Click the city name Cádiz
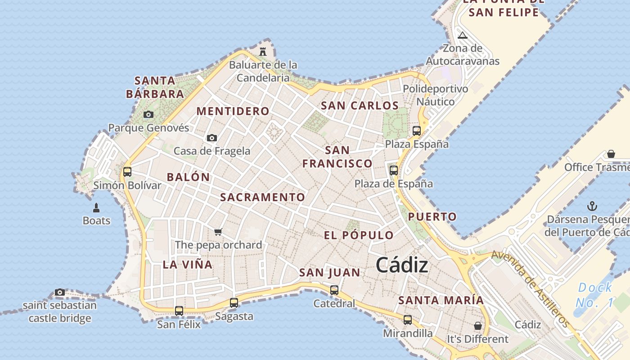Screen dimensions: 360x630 click(402, 265)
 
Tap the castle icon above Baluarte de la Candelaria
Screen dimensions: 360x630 click(263, 51)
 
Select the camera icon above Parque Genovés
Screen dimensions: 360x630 click(148, 115)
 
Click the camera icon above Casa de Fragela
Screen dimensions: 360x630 click(212, 138)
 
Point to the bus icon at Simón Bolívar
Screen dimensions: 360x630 click(127, 171)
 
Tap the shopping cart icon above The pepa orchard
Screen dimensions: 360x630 click(218, 232)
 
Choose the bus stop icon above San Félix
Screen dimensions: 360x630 click(179, 310)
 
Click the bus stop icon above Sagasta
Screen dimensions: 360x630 click(234, 303)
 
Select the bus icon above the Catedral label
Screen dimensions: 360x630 click(334, 290)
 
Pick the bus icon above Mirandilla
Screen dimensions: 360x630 click(407, 320)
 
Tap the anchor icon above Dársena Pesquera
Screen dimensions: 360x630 click(592, 207)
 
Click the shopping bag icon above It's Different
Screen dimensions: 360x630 click(477, 325)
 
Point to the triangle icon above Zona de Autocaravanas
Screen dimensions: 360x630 click(462, 36)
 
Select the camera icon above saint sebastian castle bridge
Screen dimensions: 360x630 click(59, 292)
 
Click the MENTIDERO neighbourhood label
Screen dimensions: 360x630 click(233, 111)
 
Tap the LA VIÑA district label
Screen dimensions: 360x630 click(188, 265)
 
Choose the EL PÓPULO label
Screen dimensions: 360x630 click(359, 235)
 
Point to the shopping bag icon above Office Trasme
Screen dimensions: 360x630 click(611, 154)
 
